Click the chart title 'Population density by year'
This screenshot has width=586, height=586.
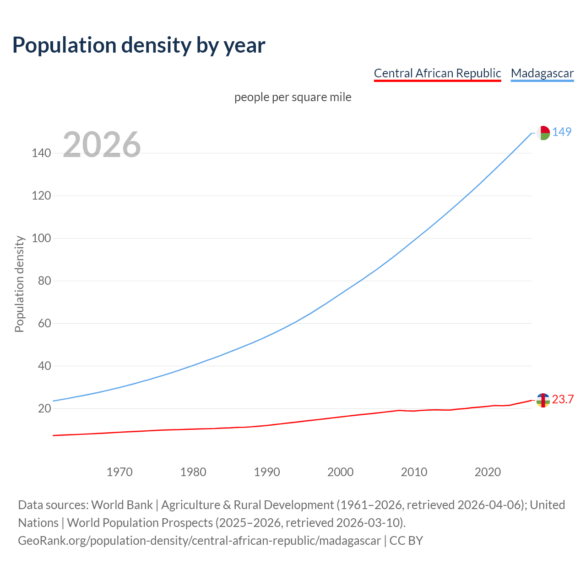(139, 45)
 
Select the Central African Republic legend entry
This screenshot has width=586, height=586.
(437, 73)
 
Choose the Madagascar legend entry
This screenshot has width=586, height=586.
(542, 73)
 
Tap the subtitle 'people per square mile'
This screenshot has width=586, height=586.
(293, 97)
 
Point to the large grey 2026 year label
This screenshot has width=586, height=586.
(102, 145)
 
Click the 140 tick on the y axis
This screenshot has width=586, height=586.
(41, 153)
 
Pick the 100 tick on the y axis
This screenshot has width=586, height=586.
(41, 238)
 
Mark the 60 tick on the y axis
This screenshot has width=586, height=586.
(44, 323)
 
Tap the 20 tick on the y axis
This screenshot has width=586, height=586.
(44, 408)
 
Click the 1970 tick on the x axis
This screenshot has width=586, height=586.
(119, 472)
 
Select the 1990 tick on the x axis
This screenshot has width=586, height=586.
(267, 472)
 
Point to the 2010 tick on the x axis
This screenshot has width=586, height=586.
(414, 472)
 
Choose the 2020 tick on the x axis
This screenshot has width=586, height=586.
(488, 472)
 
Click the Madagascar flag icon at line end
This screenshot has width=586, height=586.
(543, 133)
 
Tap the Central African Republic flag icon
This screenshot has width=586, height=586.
(543, 400)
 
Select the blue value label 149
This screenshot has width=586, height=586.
(562, 132)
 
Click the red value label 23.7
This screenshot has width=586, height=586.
(563, 400)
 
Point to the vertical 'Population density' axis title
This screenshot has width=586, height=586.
(19, 284)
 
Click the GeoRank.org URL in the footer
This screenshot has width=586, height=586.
(199, 541)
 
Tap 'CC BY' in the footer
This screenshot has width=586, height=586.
(406, 541)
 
